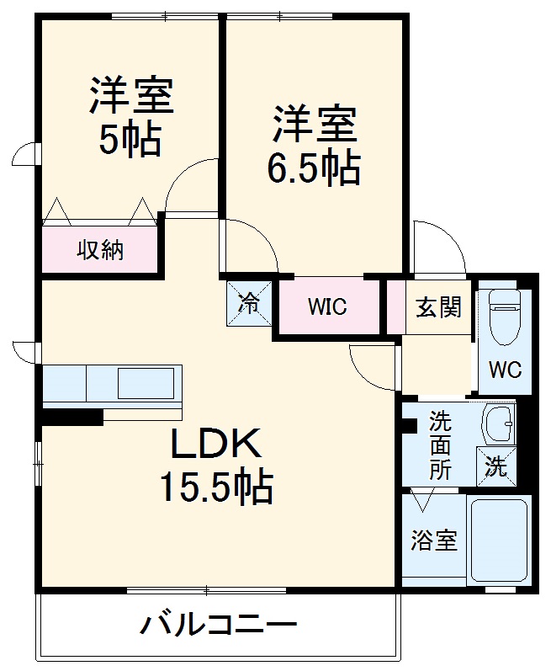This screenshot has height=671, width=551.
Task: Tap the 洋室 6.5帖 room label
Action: pos(314,146)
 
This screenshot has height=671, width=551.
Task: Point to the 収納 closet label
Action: pos(101,250)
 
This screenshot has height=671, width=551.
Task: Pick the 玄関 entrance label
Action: pos(438,307)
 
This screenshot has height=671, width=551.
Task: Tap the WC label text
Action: pos(505,370)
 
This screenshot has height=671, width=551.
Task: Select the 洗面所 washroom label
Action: pos(440,444)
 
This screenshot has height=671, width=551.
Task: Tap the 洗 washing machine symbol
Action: pos(496,466)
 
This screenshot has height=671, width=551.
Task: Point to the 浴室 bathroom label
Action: pos(434,540)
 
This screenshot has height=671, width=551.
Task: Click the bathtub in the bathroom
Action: pos(499,540)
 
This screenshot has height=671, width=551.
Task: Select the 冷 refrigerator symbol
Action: pos(249,303)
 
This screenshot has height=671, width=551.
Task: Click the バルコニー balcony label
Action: pos(218,626)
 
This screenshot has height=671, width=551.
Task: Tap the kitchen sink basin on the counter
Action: pos(145,383)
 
